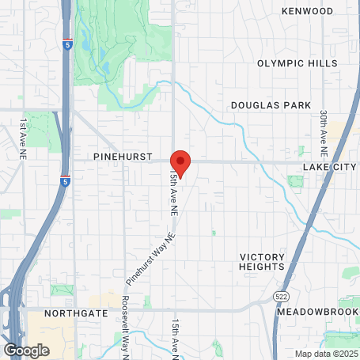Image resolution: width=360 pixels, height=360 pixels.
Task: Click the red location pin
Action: tap(180, 163)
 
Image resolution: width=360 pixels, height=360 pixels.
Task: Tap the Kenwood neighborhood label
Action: tap(307, 11)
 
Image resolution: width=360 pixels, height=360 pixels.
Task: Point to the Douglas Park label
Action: tap(266, 105)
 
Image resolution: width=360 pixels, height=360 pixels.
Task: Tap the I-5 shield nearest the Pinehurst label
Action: tap(65, 182)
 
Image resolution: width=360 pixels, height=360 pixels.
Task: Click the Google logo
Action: tap(26, 349)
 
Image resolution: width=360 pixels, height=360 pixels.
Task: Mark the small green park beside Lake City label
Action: tap(296, 182)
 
